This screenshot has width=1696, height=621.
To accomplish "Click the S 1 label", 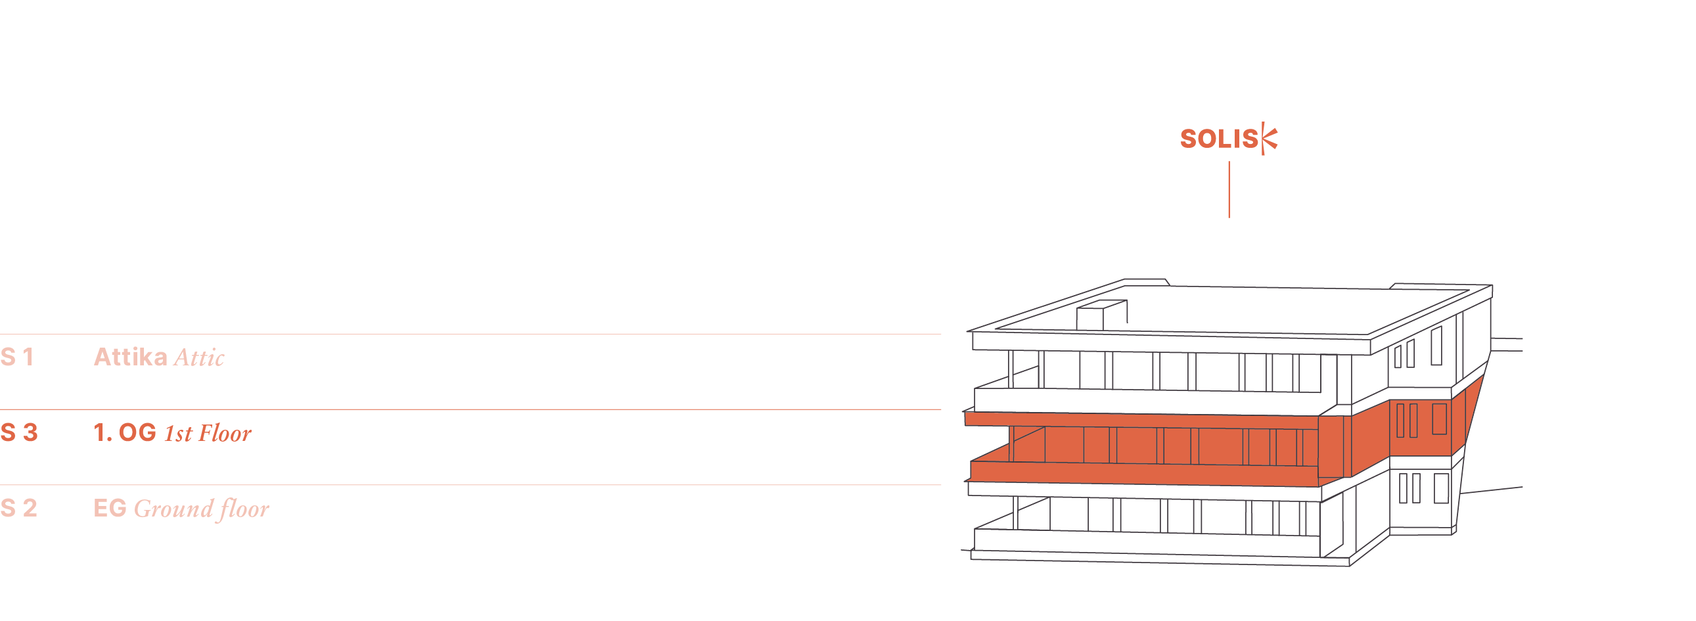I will pos(17,357).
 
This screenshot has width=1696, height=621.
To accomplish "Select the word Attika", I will pos(130,357).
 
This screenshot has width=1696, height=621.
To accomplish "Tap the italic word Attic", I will pos(199,357).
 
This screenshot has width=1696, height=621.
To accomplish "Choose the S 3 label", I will pos(19,432).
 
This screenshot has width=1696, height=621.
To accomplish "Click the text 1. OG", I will pos(125,432).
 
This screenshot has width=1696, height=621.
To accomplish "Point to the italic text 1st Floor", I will pos(208,433).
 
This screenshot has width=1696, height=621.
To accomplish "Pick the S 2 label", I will pos(19,509).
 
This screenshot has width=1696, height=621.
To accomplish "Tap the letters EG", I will pos(110,509).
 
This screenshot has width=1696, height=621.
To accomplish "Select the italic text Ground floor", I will pos(202,509).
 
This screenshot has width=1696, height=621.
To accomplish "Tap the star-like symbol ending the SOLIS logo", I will pos(1269,138).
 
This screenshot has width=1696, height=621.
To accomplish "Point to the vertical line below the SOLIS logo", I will pos(1229,190).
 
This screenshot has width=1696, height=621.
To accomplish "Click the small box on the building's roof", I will pos(1101,315).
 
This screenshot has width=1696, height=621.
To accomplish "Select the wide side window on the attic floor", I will pos(1436,345).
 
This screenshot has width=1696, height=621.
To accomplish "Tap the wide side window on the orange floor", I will pos(1439,419).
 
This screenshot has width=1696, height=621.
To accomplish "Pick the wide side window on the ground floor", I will pos(1441,489).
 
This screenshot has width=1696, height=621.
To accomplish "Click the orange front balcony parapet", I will pos(1145,473).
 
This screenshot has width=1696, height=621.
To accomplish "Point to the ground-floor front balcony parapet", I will pos(1145,543).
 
